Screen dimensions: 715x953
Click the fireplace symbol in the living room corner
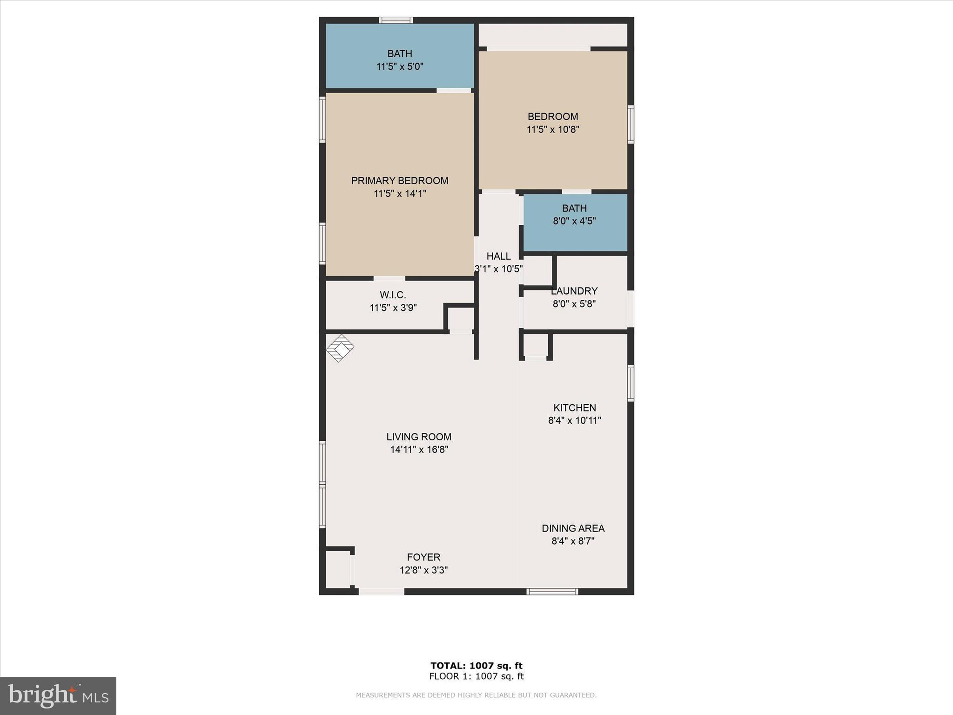point(340,348)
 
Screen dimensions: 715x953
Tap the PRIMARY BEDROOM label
point(399,181)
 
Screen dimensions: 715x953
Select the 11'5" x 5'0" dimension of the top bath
point(399,67)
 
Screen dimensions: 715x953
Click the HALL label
point(498,256)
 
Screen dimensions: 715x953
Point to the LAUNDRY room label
point(574,291)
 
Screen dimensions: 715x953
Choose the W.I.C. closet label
point(393,295)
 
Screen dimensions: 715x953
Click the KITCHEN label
point(574,408)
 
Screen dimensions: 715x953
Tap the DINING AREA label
point(573,528)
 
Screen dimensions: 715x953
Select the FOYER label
point(423,557)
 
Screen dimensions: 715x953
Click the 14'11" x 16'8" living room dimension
point(419,450)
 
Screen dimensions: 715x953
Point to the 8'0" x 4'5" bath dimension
point(574,221)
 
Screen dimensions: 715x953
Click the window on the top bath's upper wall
point(396,20)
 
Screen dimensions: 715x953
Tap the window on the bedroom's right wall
point(631,124)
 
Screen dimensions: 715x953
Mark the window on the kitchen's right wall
point(631,383)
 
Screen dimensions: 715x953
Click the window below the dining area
point(552,592)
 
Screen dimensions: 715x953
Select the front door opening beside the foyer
point(381,592)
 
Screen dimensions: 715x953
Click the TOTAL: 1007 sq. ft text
point(476,666)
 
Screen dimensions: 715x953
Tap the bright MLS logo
point(58,695)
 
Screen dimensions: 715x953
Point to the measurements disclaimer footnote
point(476,695)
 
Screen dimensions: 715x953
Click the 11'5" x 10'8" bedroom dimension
point(552,129)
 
